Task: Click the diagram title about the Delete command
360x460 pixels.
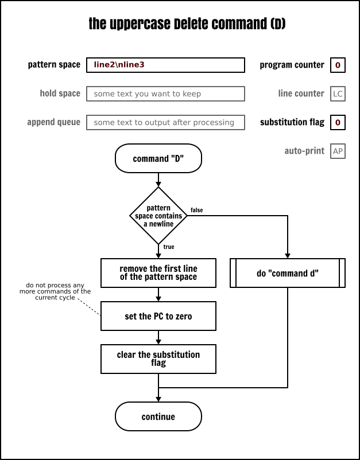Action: (187, 24)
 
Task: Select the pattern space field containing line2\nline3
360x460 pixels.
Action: (165, 65)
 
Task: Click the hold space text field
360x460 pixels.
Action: (165, 93)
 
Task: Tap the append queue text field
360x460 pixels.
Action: (165, 122)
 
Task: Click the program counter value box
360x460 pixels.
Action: (338, 65)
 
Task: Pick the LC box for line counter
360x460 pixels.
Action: (338, 93)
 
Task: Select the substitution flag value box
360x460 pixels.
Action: (338, 122)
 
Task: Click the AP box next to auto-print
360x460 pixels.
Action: (338, 151)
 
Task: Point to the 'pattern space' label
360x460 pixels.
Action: (54, 65)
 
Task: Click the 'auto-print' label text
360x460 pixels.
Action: (304, 151)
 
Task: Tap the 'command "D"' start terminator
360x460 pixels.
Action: (158, 159)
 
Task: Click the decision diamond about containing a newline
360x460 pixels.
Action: (158, 216)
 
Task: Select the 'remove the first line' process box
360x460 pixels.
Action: (158, 273)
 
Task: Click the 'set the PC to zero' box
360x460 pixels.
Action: (158, 316)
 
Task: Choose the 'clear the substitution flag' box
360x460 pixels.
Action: (158, 359)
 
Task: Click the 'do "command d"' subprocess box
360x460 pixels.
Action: (288, 273)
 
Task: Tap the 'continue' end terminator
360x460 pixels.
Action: (158, 417)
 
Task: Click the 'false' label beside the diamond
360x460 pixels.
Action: (196, 210)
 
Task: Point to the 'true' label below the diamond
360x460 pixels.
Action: (169, 247)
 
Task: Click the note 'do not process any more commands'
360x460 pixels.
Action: (58, 291)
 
